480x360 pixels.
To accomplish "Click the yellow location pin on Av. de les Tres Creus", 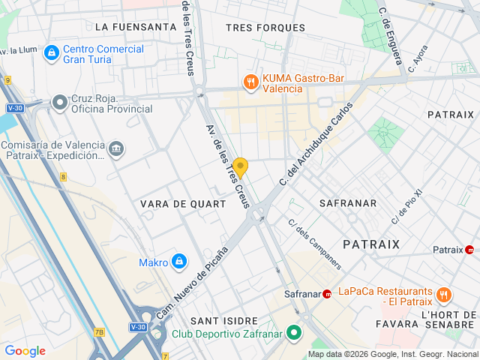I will pyautogui.click(x=240, y=166).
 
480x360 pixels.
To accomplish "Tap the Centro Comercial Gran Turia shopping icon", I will pyautogui.click(x=51, y=53).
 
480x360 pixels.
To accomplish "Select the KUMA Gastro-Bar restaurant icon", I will pyautogui.click(x=250, y=82).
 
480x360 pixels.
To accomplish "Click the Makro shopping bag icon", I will pyautogui.click(x=178, y=262).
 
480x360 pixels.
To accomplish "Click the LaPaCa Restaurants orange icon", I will pyautogui.click(x=444, y=295).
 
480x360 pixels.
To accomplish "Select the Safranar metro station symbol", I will pyautogui.click(x=327, y=294).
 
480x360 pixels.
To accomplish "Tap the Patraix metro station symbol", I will pyautogui.click(x=469, y=250).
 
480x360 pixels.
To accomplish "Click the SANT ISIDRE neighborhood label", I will pyautogui.click(x=224, y=320).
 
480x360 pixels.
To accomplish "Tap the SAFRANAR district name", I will pyautogui.click(x=347, y=203).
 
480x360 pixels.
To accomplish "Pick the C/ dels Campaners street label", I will pyautogui.click(x=315, y=244).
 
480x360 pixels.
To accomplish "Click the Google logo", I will pyautogui.click(x=25, y=350).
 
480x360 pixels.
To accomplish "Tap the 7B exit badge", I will pyautogui.click(x=99, y=332).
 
